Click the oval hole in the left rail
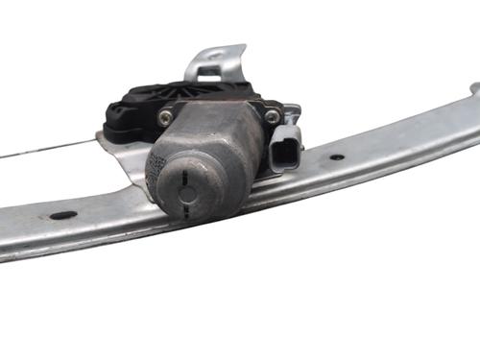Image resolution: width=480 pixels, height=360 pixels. coord(63,215)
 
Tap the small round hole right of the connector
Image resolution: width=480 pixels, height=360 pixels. coord(337,156)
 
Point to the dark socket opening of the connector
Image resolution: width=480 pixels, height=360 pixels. coord(288,153)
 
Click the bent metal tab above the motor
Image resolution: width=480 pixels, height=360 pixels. coord(216,62)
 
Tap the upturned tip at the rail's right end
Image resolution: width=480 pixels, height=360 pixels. coord(474,88)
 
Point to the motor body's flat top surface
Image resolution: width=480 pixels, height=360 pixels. coord(206,120)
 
